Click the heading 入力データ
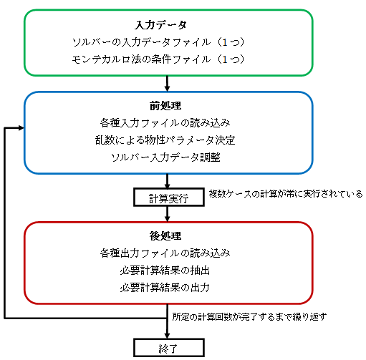160,25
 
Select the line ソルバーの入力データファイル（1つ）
158,42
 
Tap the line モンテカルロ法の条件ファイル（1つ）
158,59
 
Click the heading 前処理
165,106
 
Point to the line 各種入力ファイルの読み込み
165,123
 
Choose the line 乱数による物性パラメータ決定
165,140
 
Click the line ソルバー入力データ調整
165,157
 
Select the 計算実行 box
169,198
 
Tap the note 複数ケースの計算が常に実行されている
286,194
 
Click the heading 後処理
165,235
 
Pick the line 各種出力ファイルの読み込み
165,253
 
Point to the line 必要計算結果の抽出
165,271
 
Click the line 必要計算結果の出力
165,288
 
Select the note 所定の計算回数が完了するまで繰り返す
249,317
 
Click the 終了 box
169,348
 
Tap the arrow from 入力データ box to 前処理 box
167,84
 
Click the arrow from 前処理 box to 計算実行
167,181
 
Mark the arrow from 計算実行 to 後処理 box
167,214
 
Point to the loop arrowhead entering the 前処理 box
21,128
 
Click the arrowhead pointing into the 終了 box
167,336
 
